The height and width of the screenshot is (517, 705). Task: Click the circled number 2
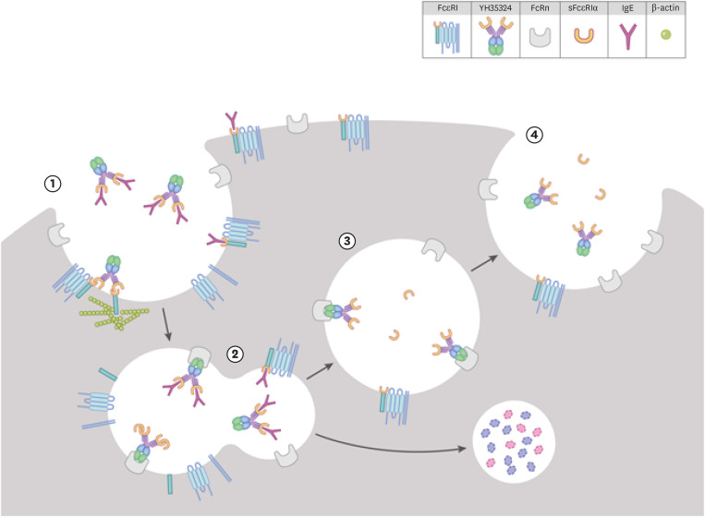click(236, 353)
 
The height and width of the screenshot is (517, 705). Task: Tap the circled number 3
click(346, 241)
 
